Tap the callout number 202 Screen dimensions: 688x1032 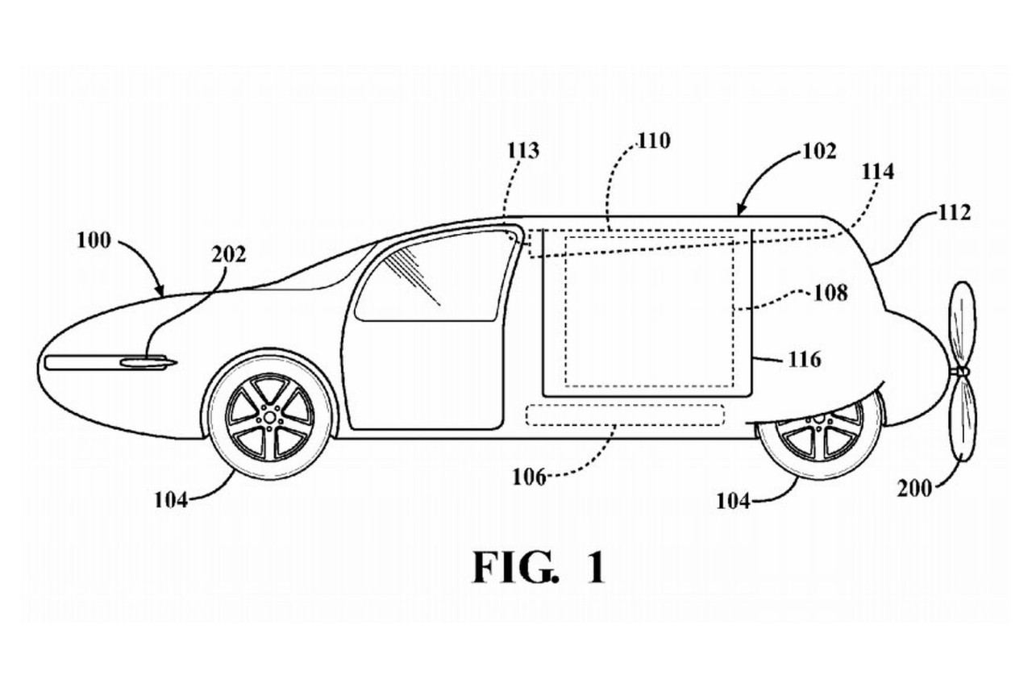(x=229, y=255)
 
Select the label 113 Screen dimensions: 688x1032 (x=524, y=150)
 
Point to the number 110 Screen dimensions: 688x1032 (x=653, y=141)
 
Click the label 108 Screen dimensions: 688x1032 (x=830, y=293)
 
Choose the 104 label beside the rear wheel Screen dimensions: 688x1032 (x=734, y=500)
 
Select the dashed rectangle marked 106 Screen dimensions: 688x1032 (x=625, y=415)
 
